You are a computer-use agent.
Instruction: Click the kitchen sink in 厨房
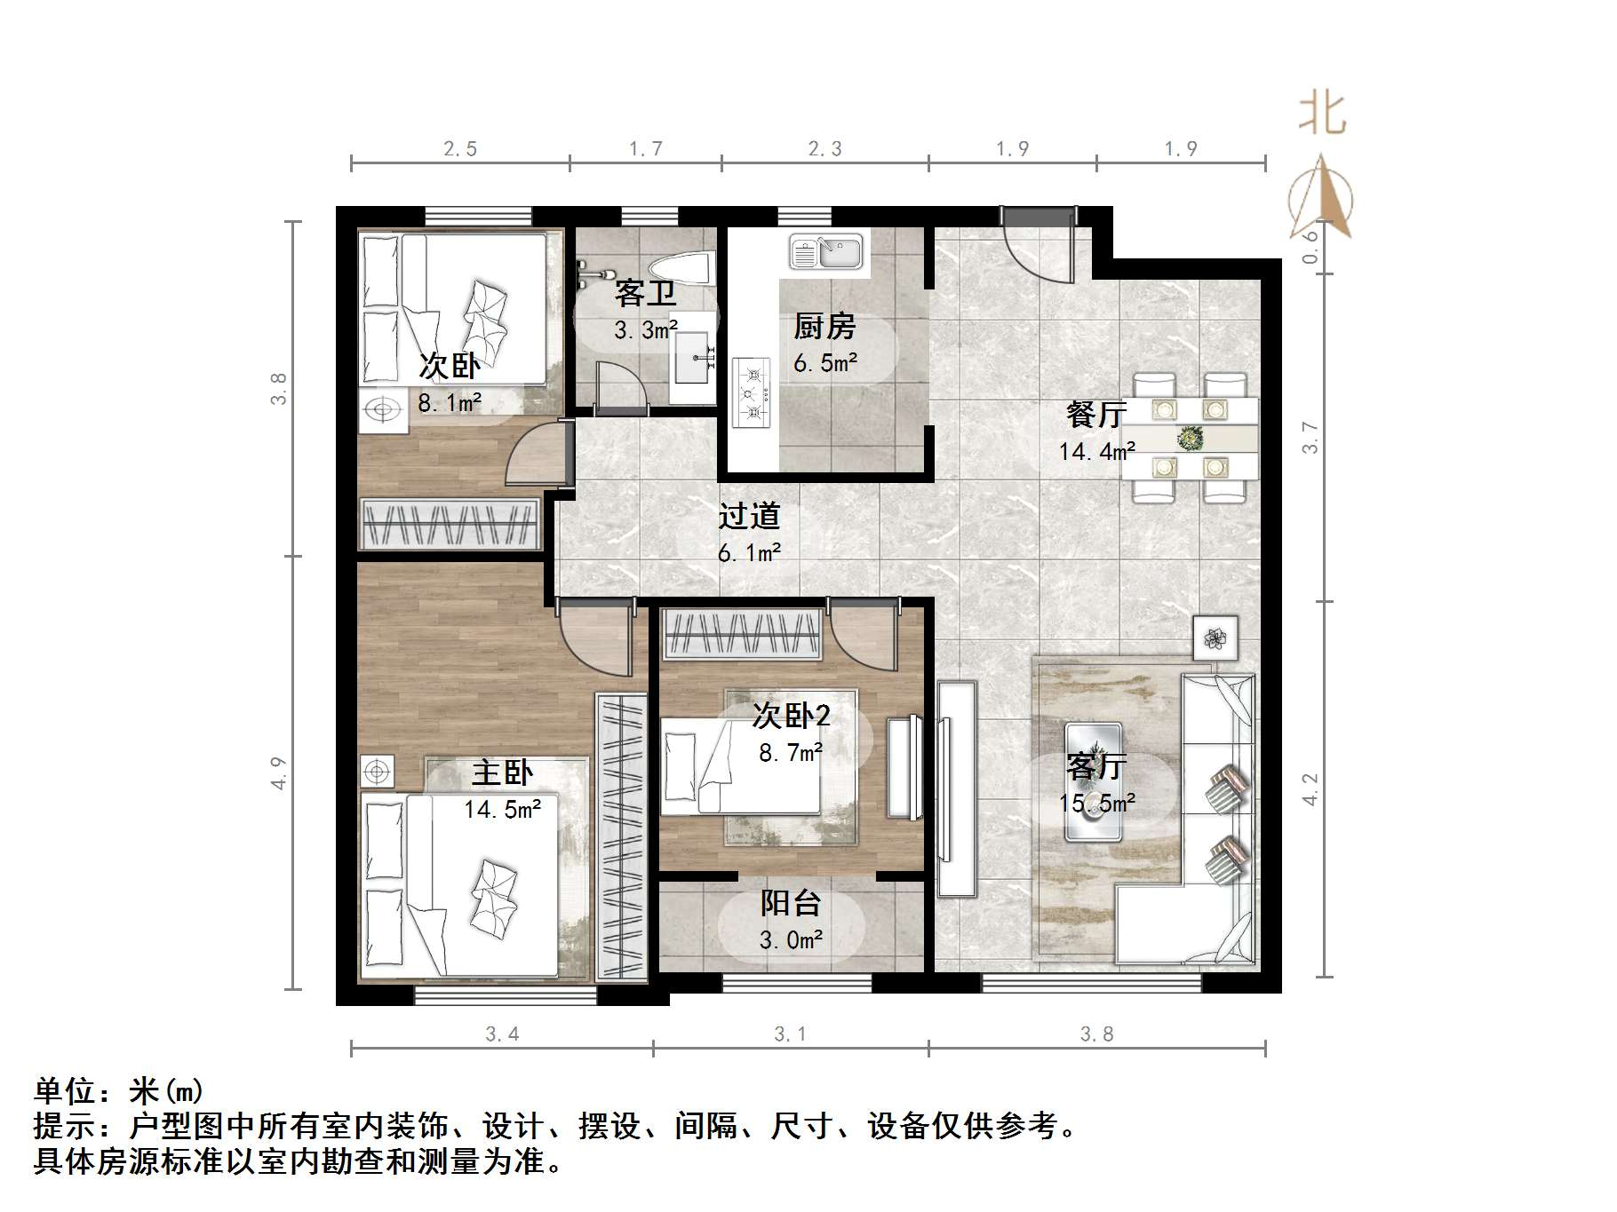pos(826,252)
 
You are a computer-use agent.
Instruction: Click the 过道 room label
pos(749,516)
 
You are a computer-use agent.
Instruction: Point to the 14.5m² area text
pos(502,810)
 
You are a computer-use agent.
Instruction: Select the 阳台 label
pos(790,903)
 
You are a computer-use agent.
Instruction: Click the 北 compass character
pos(1322,115)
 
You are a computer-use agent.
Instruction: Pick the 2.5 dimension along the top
pos(460,149)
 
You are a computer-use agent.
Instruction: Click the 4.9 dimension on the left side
pos(279,772)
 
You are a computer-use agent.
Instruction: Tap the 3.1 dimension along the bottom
pos(790,1034)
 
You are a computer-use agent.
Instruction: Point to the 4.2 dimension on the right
pos(1310,789)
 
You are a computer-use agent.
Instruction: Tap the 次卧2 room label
pos(791,715)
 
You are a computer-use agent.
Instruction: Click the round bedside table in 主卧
pos(377,772)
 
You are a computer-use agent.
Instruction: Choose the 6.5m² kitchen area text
pos(825,362)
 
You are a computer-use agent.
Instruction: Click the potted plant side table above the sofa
pos(1215,638)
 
